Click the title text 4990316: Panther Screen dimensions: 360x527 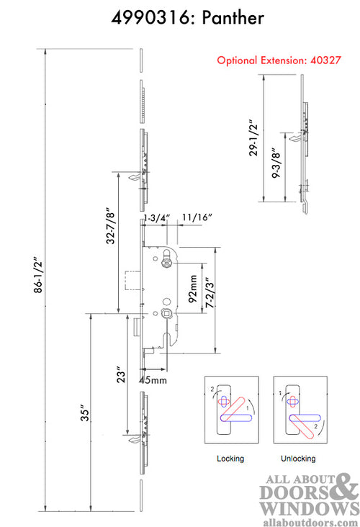[187, 17]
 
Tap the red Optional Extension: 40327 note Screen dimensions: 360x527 [279, 60]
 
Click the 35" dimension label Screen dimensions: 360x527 [85, 415]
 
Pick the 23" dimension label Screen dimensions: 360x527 [121, 374]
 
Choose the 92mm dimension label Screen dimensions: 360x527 [193, 289]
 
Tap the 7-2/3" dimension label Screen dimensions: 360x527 [210, 292]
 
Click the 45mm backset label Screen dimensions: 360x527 [153, 380]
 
